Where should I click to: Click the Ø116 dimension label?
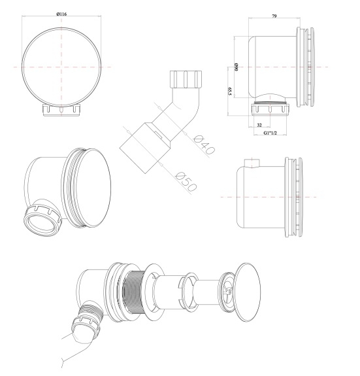(61, 14)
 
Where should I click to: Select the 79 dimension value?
(274, 16)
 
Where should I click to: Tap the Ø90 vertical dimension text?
(236, 67)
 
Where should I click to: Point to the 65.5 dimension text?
(229, 92)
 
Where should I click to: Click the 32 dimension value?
(259, 125)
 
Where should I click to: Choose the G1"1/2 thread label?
(270, 133)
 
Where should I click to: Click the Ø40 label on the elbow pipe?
(204, 145)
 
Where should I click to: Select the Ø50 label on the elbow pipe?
(186, 182)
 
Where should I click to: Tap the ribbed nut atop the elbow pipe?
(186, 79)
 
